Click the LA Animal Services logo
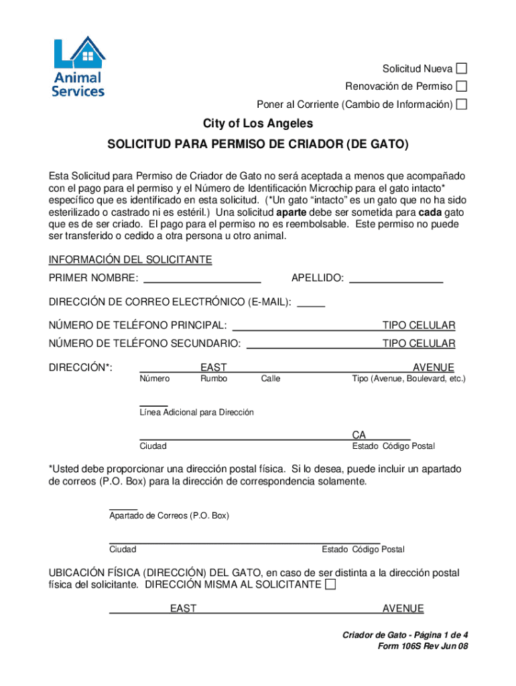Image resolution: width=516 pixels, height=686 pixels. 78,68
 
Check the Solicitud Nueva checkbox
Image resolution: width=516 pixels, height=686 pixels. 462,69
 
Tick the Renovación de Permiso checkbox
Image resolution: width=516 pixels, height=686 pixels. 462,86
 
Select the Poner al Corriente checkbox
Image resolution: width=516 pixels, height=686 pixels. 462,105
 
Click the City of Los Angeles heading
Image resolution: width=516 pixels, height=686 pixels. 258,124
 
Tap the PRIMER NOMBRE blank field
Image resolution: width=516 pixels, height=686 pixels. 202,278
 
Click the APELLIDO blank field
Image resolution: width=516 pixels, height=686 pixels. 397,278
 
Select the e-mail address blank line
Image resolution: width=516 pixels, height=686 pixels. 311,302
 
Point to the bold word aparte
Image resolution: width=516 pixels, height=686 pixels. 292,212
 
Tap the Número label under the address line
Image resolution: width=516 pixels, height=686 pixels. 154,379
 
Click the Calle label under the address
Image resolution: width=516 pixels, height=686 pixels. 271,379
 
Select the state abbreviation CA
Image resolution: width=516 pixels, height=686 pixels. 359,435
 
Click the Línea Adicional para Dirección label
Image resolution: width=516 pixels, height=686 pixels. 196,413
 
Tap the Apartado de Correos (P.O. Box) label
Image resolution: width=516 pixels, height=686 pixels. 169,516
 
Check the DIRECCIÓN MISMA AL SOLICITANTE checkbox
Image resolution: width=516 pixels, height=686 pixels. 330,585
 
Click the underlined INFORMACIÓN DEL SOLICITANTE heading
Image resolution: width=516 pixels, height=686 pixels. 130,260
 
